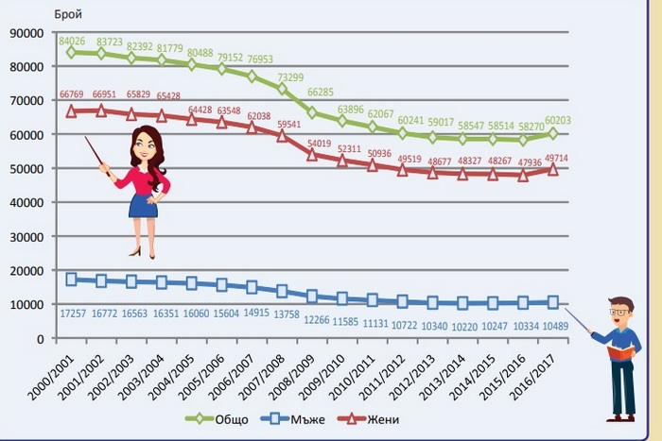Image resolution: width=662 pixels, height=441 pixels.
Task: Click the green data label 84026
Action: pyautogui.click(x=72, y=42)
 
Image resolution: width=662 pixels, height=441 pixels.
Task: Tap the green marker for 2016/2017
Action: pyautogui.click(x=552, y=134)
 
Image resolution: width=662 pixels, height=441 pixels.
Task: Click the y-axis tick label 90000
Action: pyautogui.click(x=26, y=33)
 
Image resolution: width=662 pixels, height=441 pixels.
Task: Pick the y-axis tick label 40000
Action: pyautogui.click(x=26, y=202)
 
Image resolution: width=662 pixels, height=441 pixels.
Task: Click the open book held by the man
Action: pyautogui.click(x=618, y=351)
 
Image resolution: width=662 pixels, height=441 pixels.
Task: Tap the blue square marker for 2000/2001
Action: pyautogui.click(x=72, y=280)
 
